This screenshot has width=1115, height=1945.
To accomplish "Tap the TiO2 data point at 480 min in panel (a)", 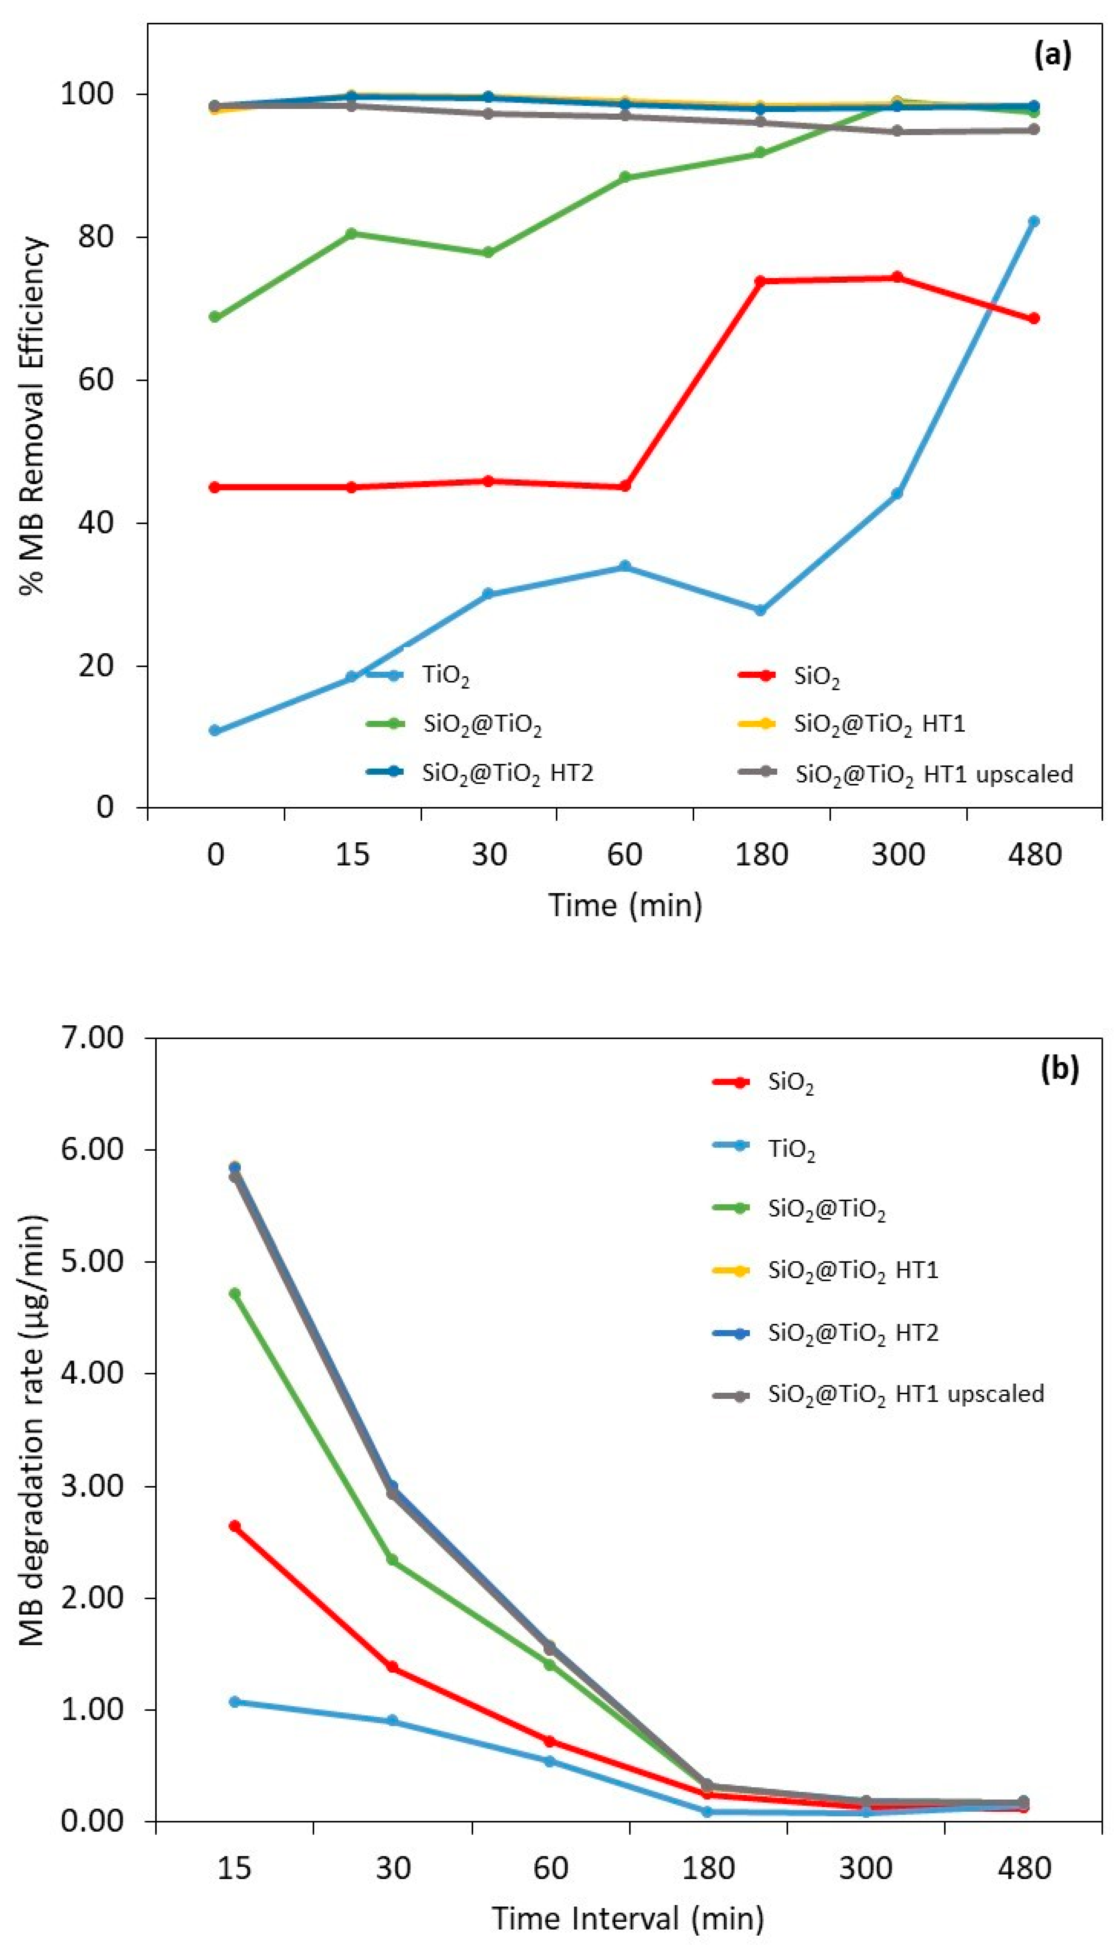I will pyautogui.click(x=1033, y=221).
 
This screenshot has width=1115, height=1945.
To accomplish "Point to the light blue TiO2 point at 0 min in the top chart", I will pyautogui.click(x=215, y=730).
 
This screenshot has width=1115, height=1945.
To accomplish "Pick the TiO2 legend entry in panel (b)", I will pyautogui.click(x=791, y=1149).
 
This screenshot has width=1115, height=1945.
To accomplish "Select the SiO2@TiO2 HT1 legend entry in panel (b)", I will pyautogui.click(x=852, y=1270).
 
